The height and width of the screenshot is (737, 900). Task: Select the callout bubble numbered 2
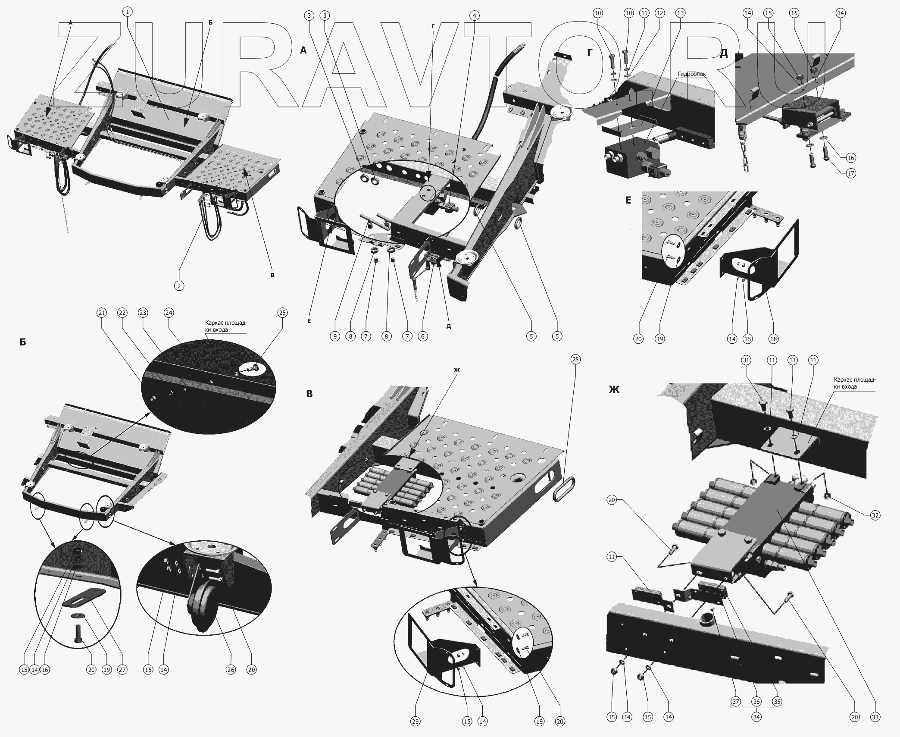(x=179, y=285)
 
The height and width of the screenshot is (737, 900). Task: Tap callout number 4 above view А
(x=474, y=16)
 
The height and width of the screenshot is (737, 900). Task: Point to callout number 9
(x=335, y=336)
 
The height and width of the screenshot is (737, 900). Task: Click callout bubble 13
(x=680, y=13)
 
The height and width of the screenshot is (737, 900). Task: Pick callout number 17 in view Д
(x=851, y=173)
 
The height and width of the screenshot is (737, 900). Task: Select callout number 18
(x=774, y=339)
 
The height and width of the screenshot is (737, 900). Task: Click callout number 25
(x=282, y=313)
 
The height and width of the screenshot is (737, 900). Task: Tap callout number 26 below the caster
(x=231, y=670)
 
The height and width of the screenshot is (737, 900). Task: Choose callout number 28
(x=575, y=359)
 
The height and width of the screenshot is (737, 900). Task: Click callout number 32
(x=875, y=515)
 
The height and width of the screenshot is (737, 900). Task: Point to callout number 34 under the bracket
(x=756, y=717)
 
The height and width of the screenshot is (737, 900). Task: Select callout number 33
(x=875, y=717)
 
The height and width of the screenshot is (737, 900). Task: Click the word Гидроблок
(x=692, y=74)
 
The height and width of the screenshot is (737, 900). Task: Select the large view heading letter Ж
(x=614, y=389)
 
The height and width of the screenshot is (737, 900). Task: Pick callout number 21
(x=102, y=313)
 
